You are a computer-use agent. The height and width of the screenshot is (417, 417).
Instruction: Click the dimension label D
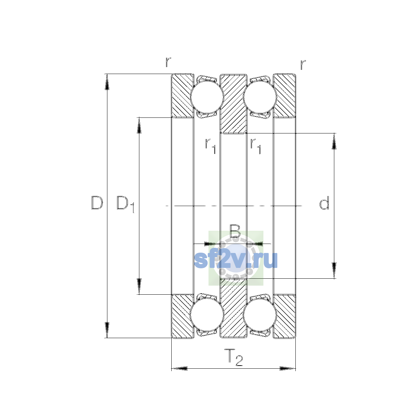click(x=97, y=203)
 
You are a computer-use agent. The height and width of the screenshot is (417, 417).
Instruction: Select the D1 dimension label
click(x=125, y=204)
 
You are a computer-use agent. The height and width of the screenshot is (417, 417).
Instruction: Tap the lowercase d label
click(x=324, y=203)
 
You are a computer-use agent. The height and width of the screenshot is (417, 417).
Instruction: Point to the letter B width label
click(x=235, y=231)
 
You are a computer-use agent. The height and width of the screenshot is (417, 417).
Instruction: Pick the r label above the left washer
click(x=168, y=62)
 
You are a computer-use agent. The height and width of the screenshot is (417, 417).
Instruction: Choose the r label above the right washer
click(x=303, y=65)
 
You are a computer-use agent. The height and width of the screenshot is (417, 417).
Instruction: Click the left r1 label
click(x=211, y=146)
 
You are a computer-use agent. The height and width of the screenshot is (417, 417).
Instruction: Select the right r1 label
click(x=255, y=146)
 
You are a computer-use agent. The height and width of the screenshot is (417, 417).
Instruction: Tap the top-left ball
click(x=207, y=97)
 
